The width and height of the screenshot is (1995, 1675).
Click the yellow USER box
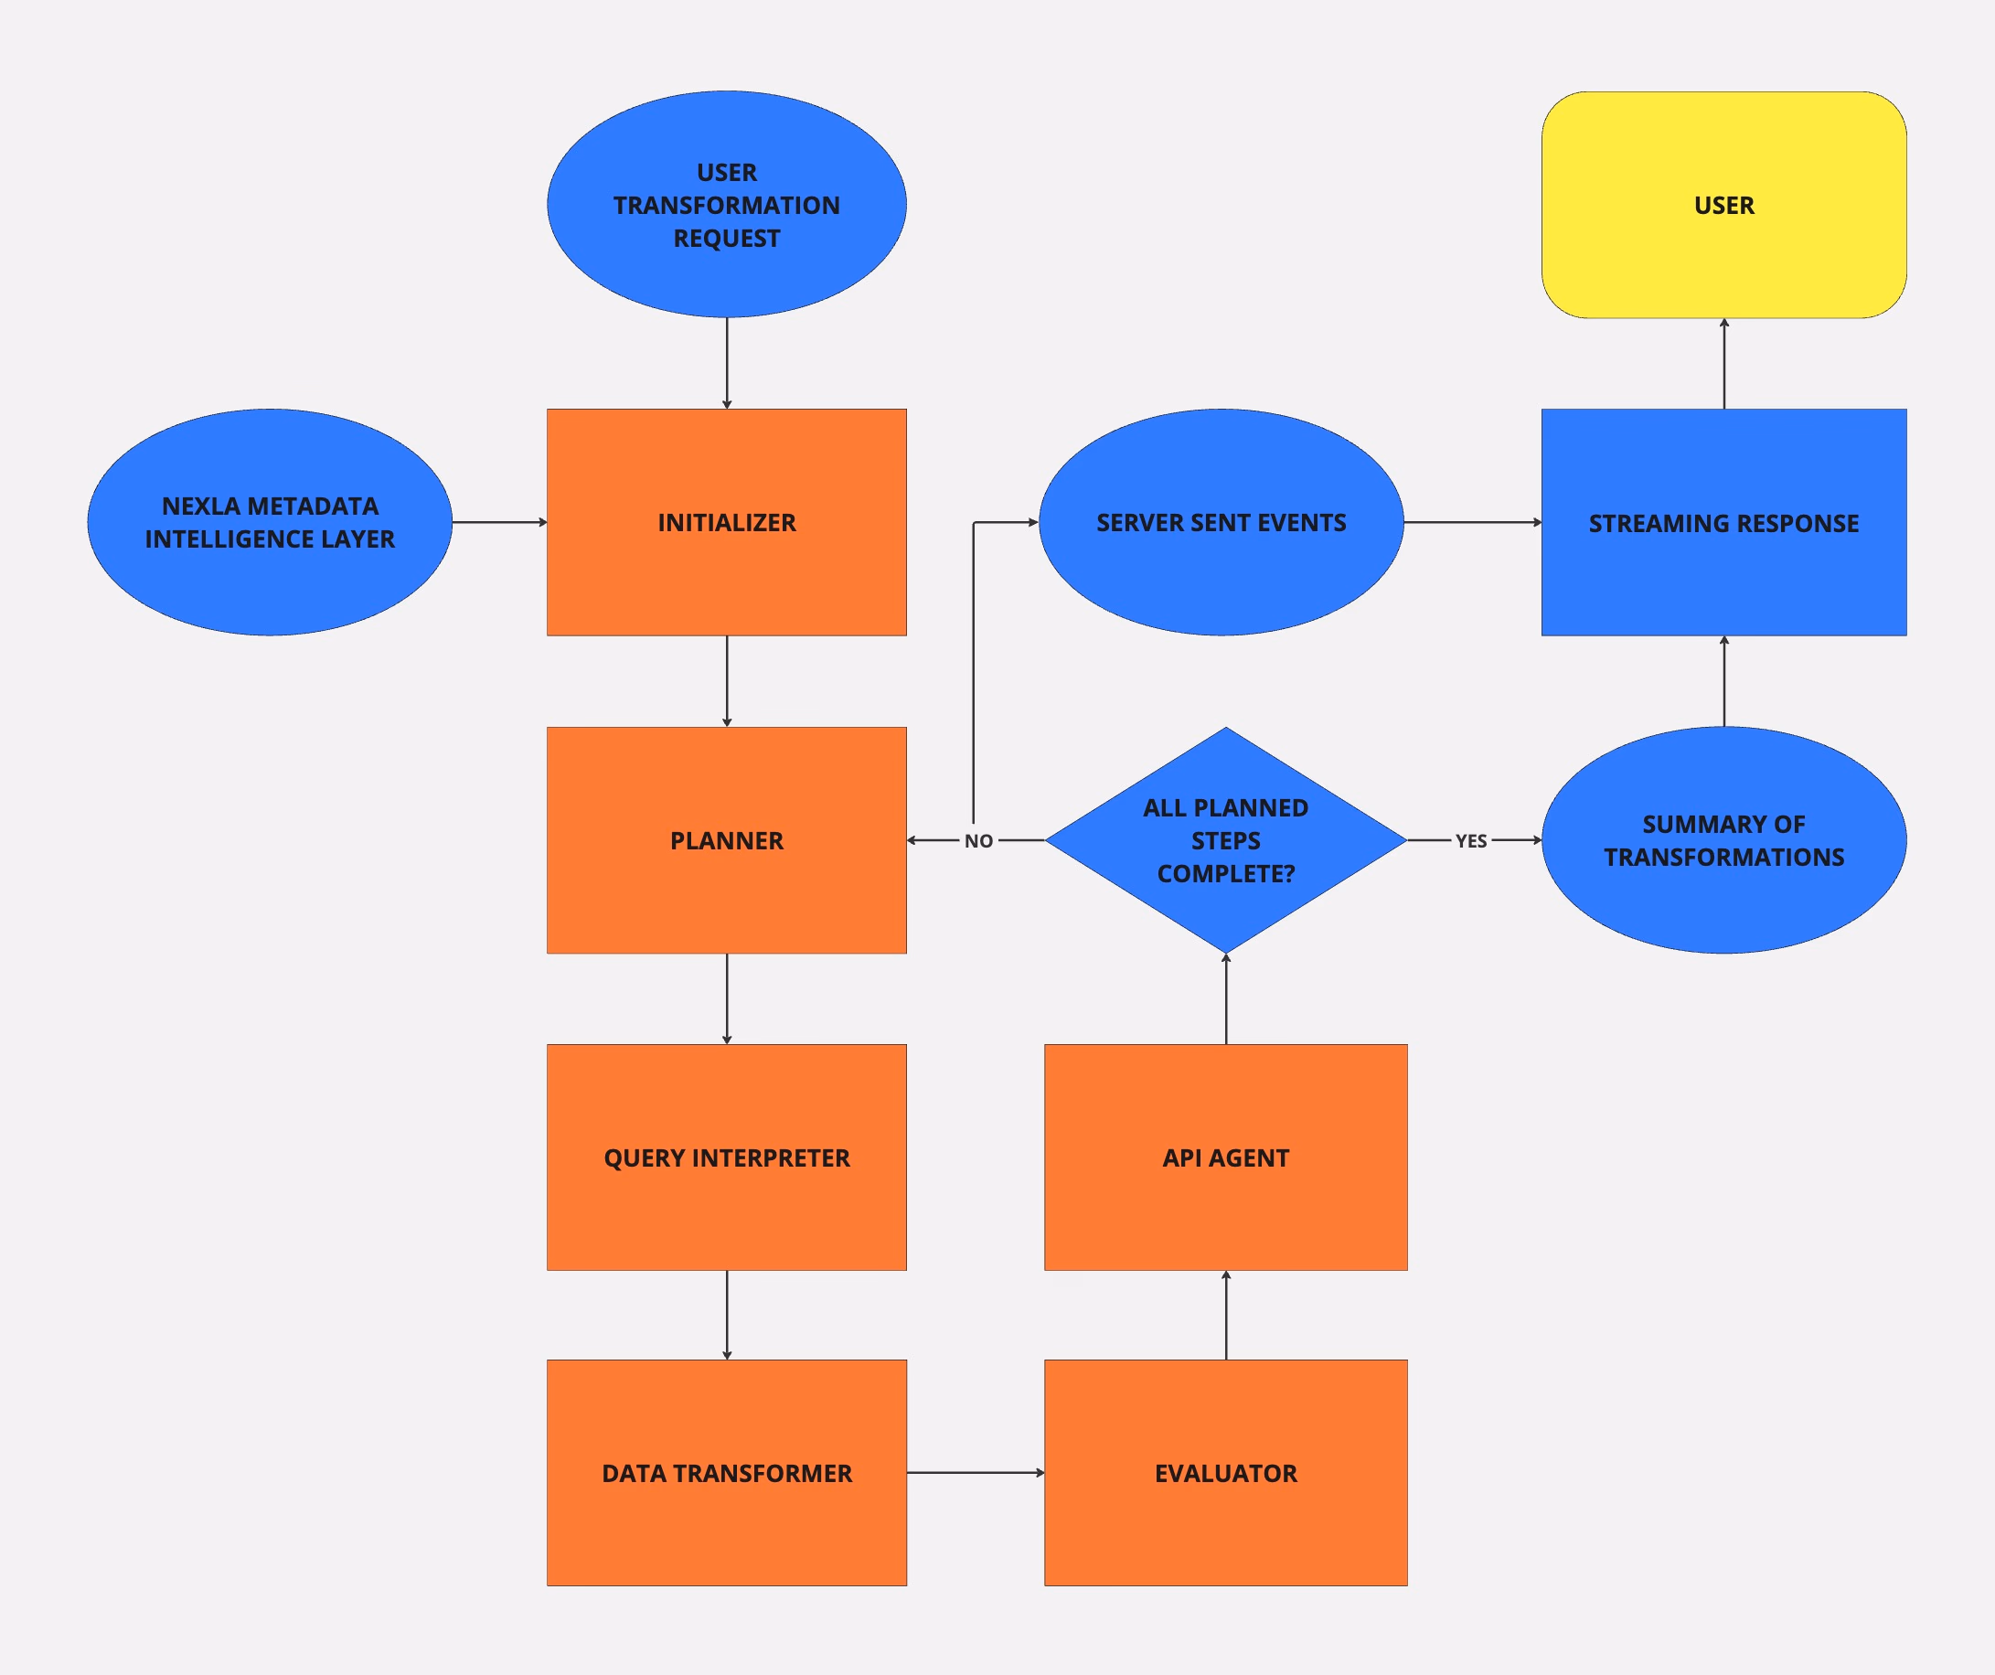(1723, 205)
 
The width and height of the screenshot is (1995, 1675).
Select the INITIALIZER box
(727, 523)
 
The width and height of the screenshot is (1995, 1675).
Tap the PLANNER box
(727, 841)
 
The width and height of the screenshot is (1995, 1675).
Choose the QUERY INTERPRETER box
(727, 1158)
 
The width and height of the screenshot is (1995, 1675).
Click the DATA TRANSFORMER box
(727, 1473)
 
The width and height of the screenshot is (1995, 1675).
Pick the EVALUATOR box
(1225, 1473)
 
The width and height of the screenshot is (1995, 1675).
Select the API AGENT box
(1225, 1158)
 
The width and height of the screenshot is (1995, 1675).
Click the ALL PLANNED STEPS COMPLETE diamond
(1225, 841)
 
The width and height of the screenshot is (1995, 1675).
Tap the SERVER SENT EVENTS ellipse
(1221, 523)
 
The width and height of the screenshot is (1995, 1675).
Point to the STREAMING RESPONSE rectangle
(1723, 523)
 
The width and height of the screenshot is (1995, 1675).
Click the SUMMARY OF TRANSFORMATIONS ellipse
(1723, 841)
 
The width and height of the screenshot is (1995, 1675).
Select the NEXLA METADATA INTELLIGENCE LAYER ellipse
(270, 523)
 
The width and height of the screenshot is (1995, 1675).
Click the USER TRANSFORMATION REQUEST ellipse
(727, 204)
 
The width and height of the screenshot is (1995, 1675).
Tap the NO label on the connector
(978, 841)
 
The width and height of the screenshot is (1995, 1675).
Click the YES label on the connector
(1470, 841)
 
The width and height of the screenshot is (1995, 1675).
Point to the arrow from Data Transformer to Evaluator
(976, 1473)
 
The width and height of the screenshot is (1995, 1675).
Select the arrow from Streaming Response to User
(1724, 364)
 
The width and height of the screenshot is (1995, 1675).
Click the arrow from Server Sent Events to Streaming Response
(1473, 523)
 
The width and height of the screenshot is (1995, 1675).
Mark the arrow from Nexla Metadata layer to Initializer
(500, 523)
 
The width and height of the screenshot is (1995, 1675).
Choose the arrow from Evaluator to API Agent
(1226, 1316)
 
